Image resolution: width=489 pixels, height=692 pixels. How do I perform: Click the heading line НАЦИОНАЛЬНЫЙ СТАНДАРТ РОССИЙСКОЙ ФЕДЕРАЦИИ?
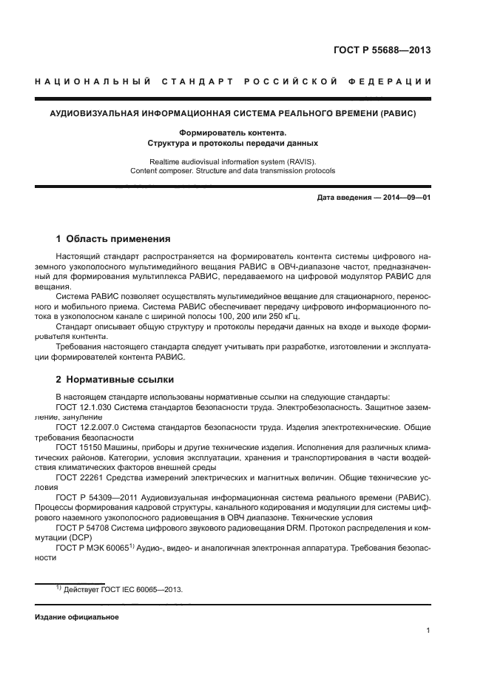[233, 81]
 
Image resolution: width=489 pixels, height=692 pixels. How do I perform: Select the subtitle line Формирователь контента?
[232, 132]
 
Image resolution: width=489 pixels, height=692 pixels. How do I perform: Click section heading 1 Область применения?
[113, 239]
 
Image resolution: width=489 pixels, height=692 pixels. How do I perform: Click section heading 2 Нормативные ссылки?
[115, 380]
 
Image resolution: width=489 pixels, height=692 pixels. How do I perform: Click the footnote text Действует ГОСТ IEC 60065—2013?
[121, 590]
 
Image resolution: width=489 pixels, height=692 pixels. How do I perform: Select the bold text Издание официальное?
[76, 617]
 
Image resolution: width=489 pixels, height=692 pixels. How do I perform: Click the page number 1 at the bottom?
[428, 631]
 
